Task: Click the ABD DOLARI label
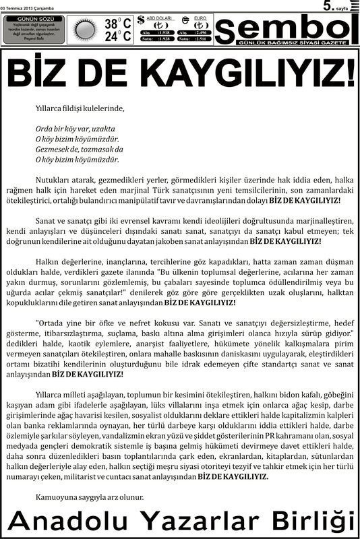pos(160,17)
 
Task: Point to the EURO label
pos(200,17)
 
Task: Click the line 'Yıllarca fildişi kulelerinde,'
pos(80,107)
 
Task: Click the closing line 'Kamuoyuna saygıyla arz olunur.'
pos(90,497)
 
